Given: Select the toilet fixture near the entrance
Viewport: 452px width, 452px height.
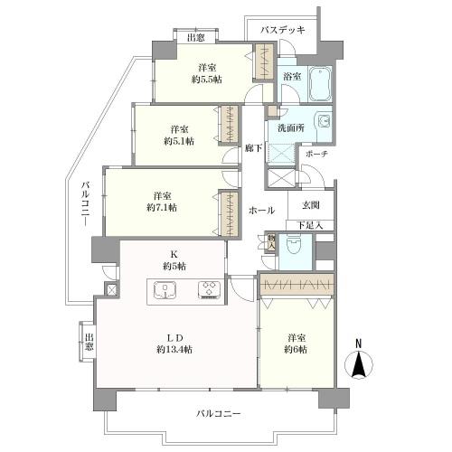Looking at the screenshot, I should [x=293, y=247].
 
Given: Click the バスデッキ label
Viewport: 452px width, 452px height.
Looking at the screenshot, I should [x=282, y=30].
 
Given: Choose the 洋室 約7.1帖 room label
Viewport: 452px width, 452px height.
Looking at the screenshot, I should [x=164, y=201].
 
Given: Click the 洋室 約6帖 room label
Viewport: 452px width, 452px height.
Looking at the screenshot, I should [x=295, y=343].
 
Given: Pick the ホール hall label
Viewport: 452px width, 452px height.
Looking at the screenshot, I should [x=261, y=210].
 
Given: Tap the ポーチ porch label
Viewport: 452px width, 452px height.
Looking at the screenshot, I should [x=315, y=153].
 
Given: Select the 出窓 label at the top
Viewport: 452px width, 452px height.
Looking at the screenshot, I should [x=195, y=38].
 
